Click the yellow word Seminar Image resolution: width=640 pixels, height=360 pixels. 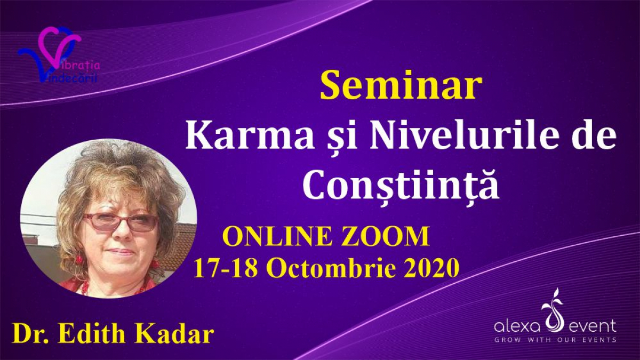click(x=401, y=86)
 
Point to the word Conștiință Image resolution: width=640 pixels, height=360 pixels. click(x=401, y=183)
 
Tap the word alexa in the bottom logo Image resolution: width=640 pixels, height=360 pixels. click(x=517, y=326)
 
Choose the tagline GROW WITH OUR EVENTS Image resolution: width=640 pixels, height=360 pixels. click(x=555, y=340)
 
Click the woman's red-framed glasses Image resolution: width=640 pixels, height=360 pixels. click(x=121, y=222)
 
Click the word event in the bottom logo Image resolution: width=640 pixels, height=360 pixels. click(x=593, y=327)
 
